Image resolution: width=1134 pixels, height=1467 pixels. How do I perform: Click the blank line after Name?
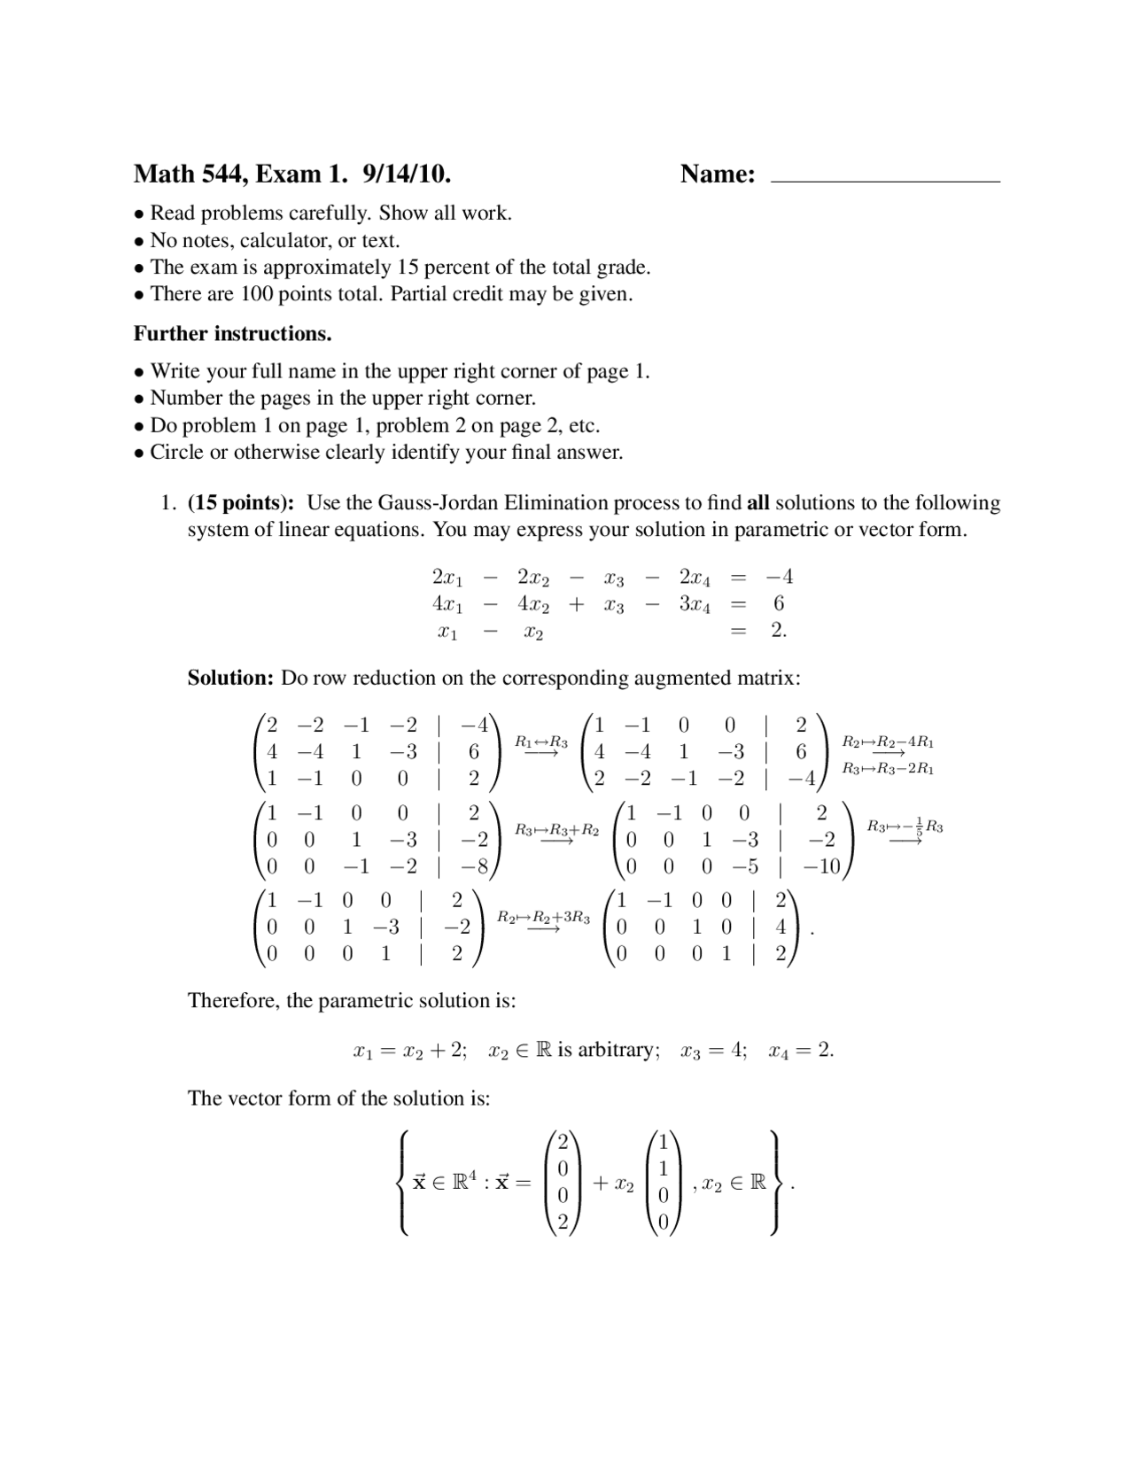[x=886, y=177]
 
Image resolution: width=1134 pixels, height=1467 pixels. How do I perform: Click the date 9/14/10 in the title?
[x=407, y=174]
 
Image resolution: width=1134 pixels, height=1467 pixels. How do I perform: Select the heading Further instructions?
[x=232, y=334]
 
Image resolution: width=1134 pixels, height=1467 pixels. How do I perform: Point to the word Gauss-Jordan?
[x=439, y=503]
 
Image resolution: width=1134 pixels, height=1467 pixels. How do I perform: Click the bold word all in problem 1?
[x=757, y=503]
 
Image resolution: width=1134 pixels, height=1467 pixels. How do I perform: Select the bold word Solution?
[x=230, y=679]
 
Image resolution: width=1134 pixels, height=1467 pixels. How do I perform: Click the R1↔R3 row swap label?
[x=541, y=742]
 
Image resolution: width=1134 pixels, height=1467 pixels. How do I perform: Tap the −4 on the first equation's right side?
[x=779, y=578]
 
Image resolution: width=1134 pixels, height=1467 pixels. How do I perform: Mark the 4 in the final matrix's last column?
[x=781, y=928]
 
